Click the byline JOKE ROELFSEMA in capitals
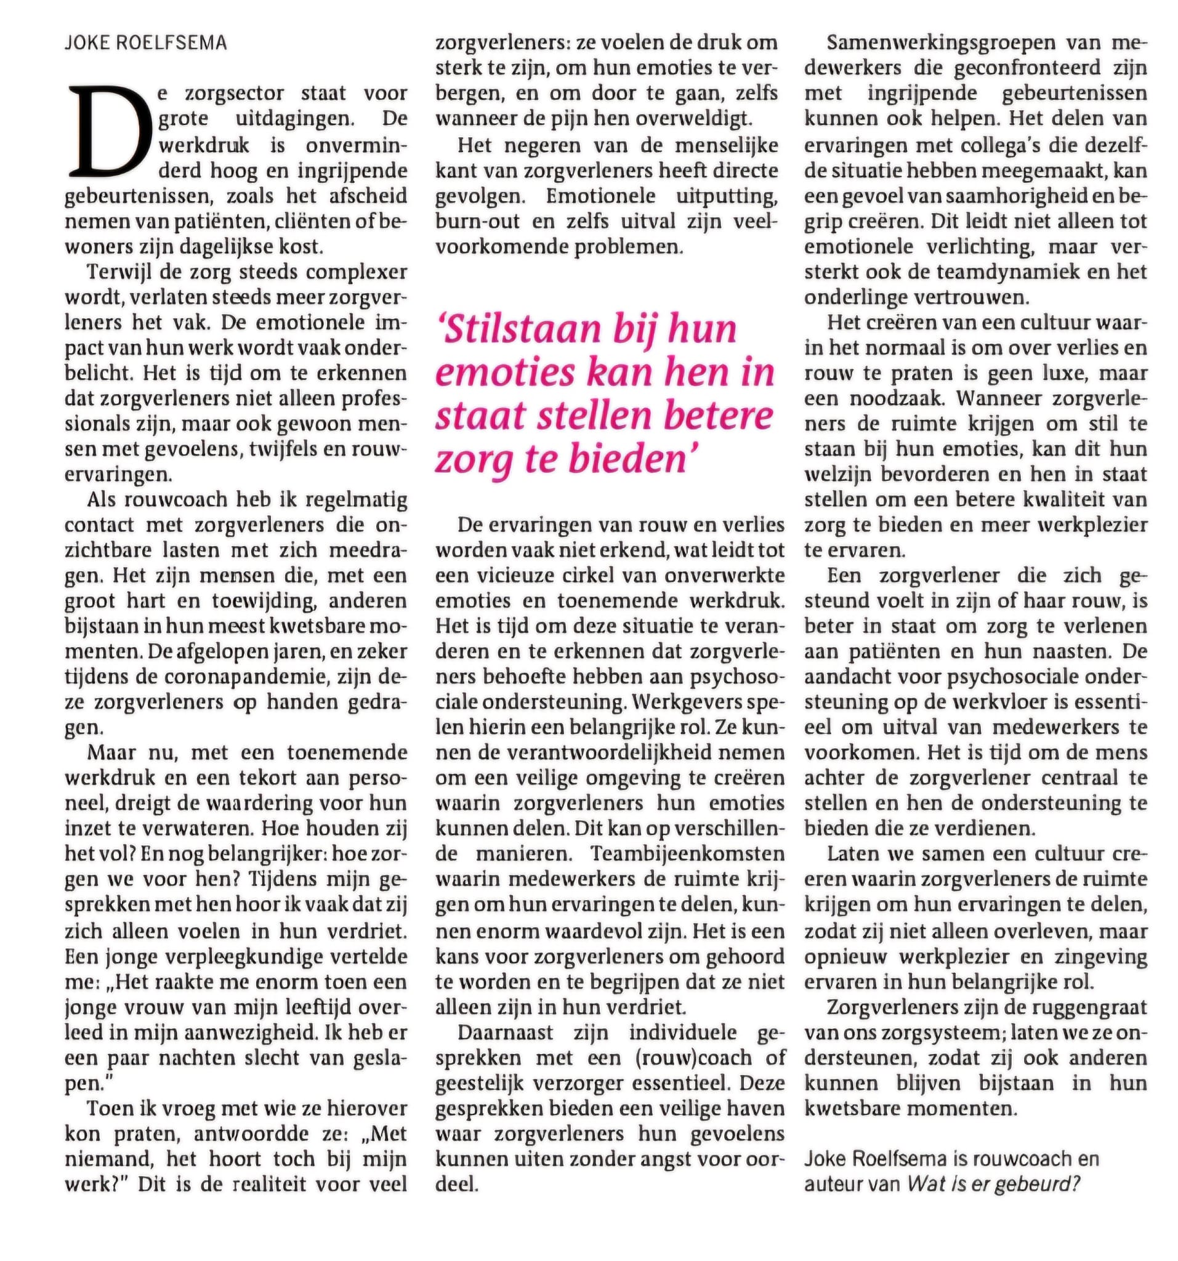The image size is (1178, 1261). pos(145,43)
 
